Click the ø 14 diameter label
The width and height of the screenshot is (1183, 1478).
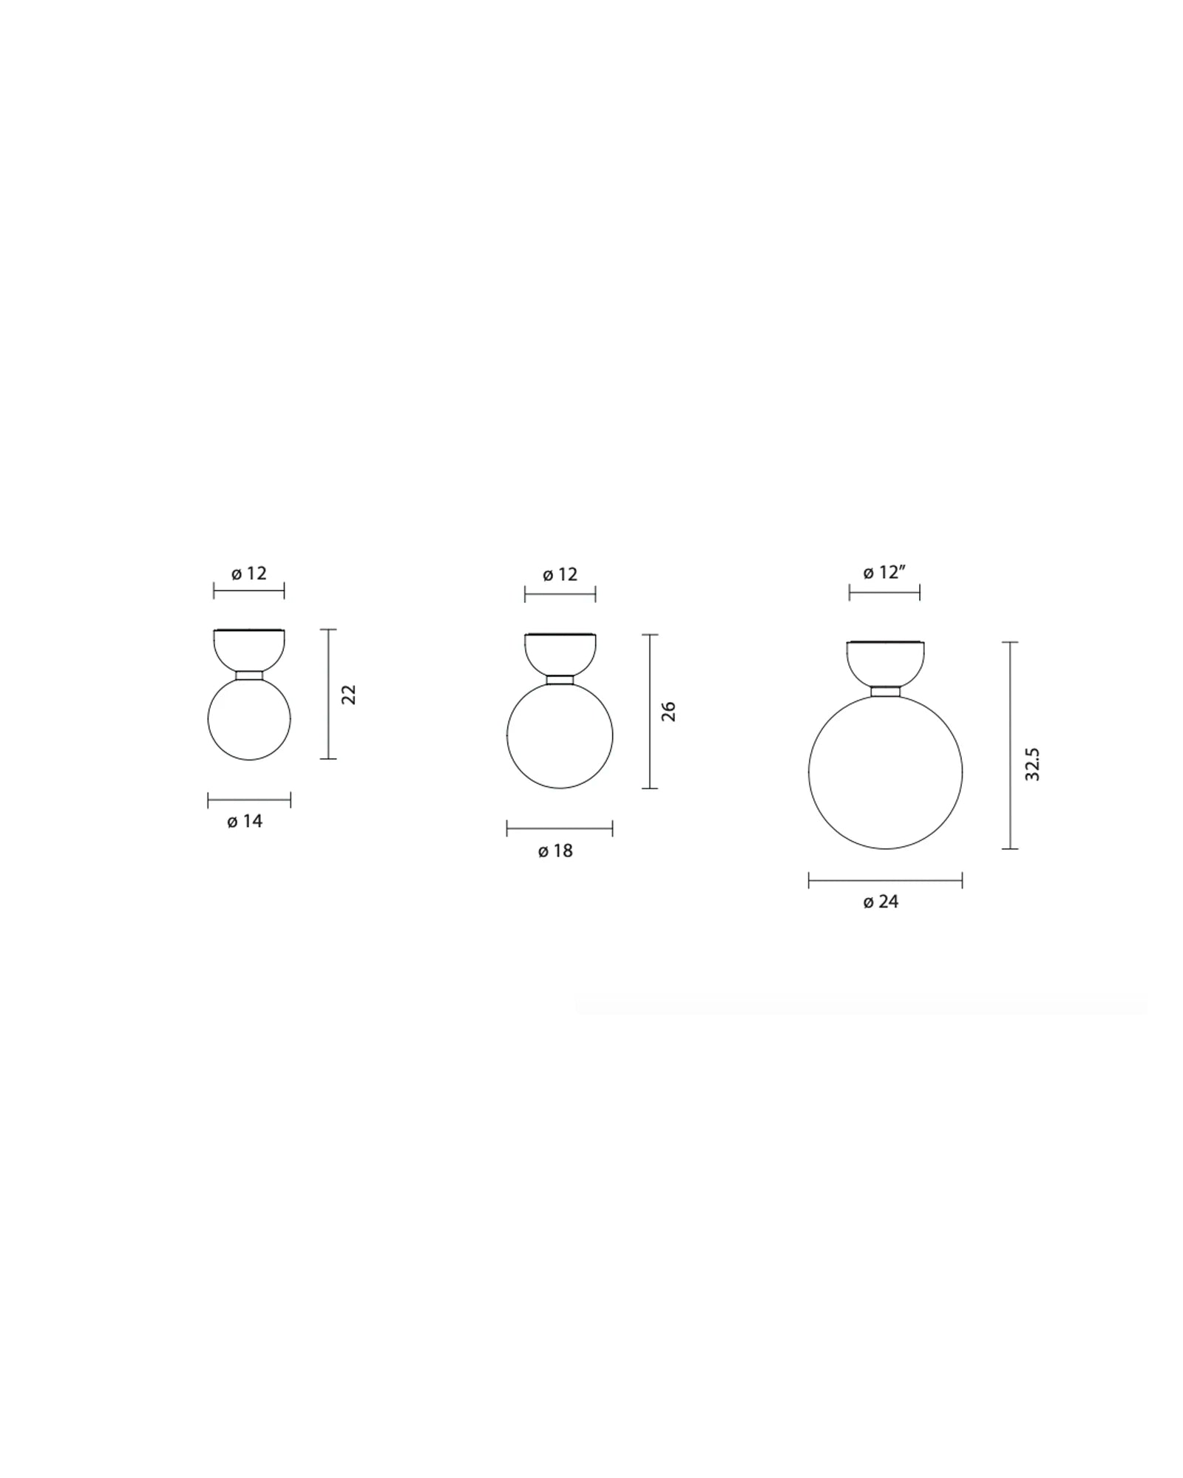tap(245, 821)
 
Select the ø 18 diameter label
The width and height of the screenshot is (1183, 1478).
tap(555, 851)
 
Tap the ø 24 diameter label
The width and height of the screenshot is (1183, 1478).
tap(881, 902)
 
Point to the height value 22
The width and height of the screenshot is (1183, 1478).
tap(349, 694)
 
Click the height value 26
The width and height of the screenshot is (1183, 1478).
tap(668, 711)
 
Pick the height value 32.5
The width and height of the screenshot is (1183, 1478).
tap(1033, 764)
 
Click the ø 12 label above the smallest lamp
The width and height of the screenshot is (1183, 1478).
tap(249, 573)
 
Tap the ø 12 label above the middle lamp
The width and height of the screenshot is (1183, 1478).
tap(560, 574)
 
